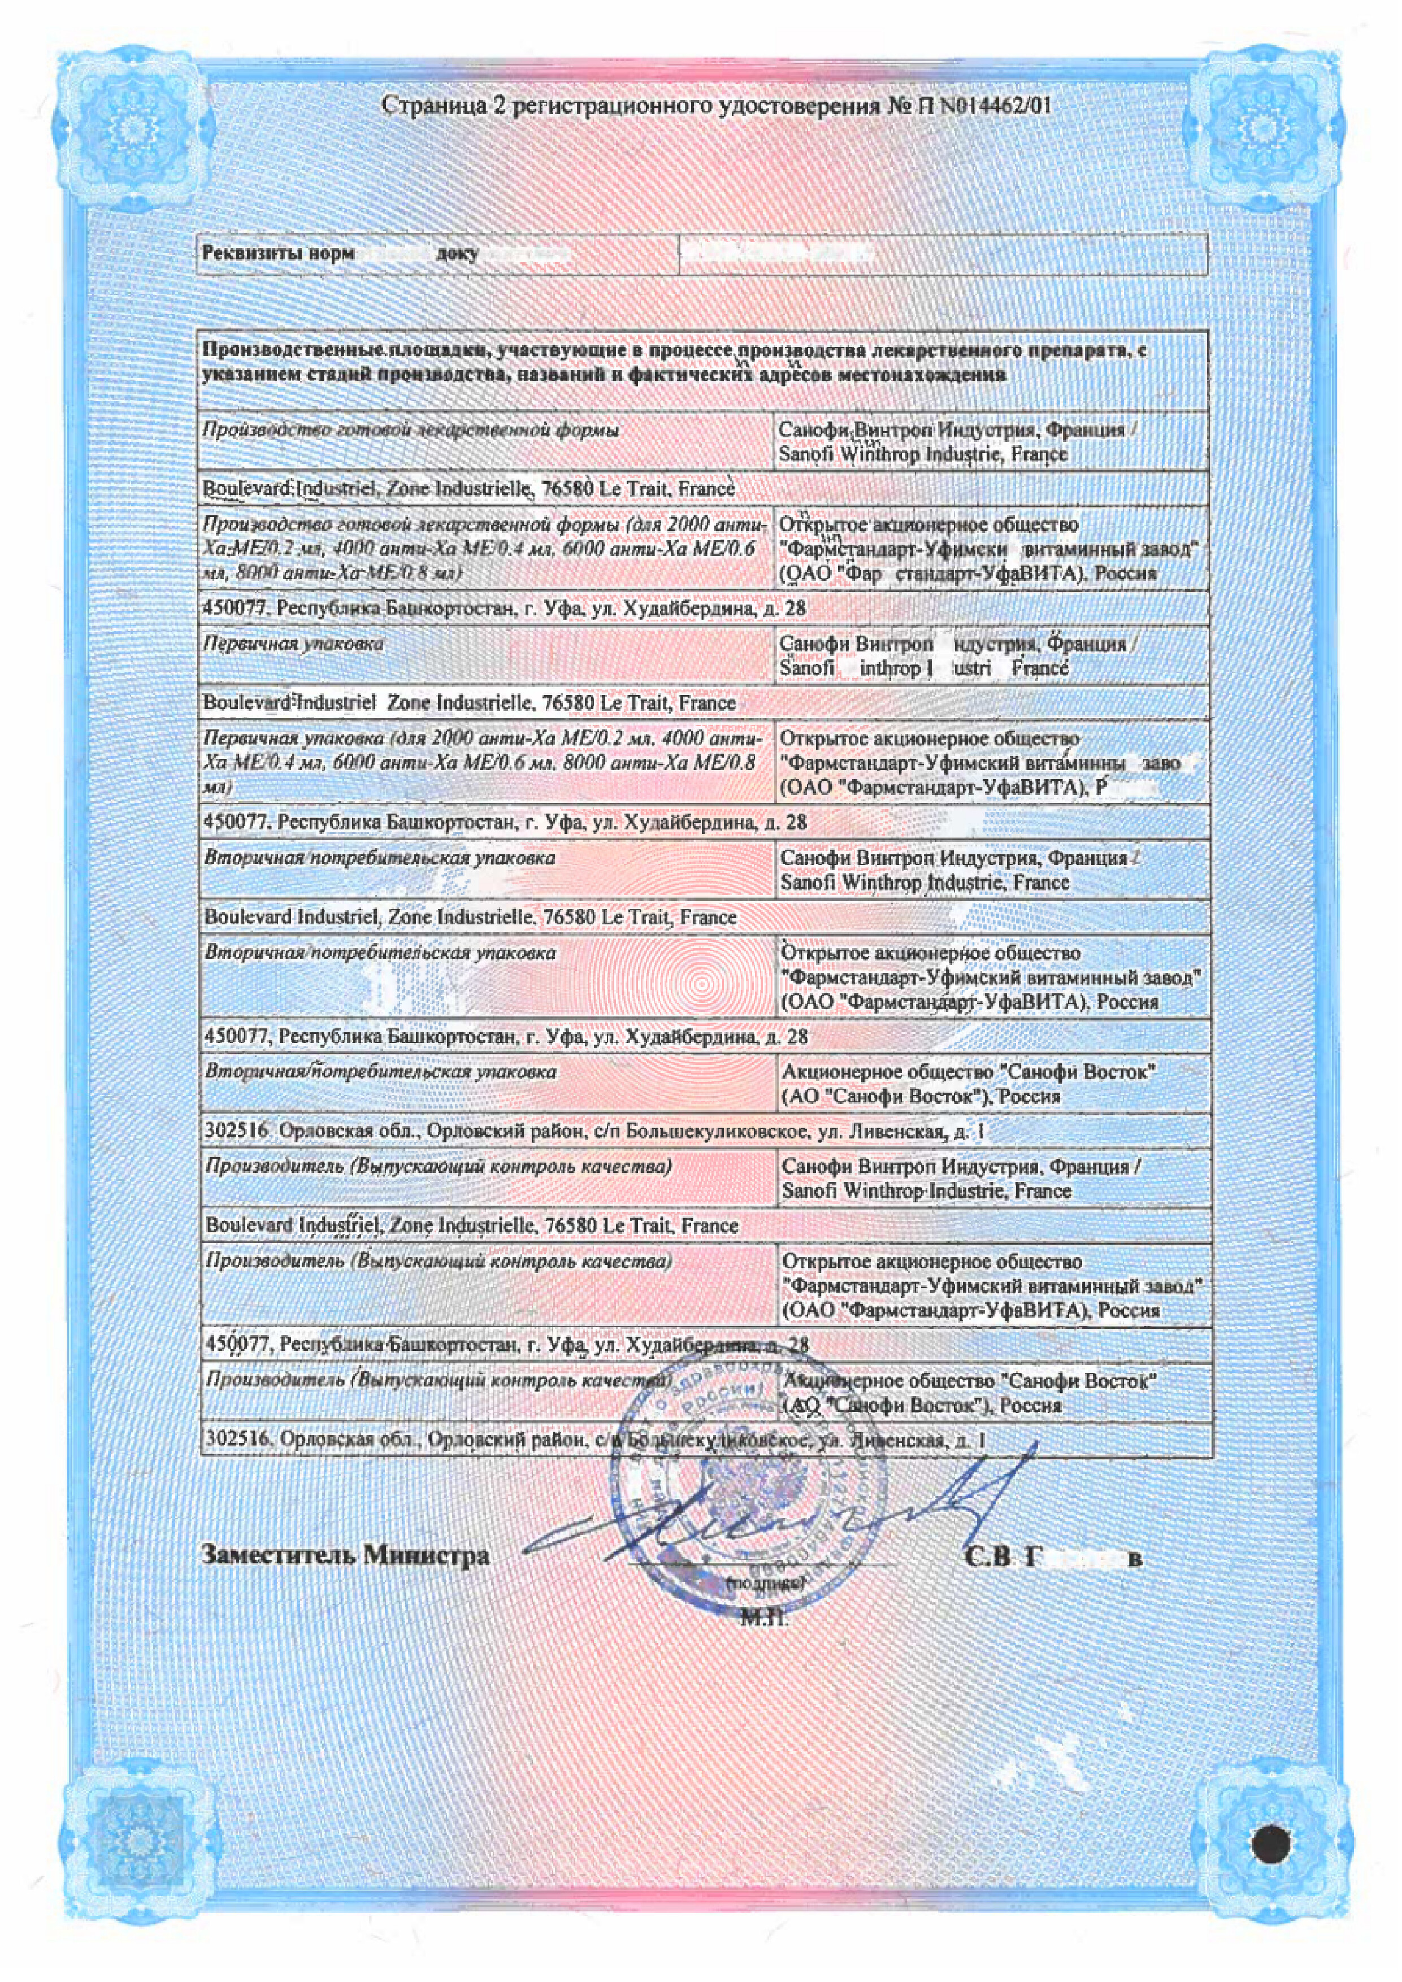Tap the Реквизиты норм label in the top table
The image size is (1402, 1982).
click(x=278, y=254)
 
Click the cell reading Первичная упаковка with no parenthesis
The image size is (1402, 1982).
click(x=293, y=644)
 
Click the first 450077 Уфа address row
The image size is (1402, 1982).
click(x=505, y=608)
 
